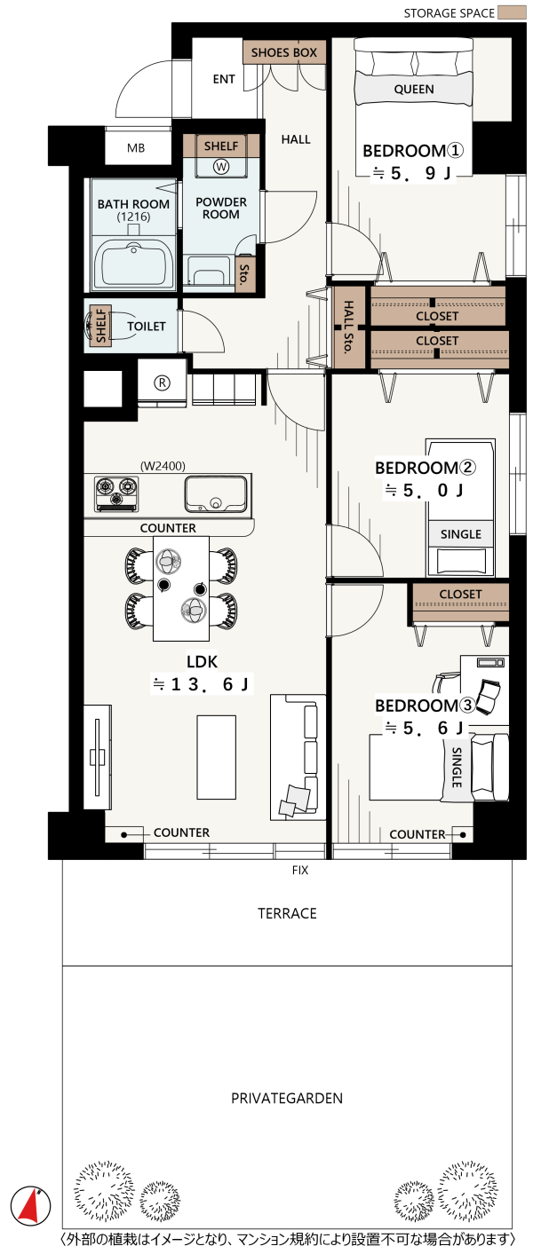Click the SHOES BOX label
tap(284, 52)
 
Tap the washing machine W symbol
tap(221, 166)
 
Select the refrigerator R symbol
tap(162, 383)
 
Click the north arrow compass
tap(30, 1203)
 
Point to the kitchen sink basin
tap(216, 493)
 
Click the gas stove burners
tap(116, 493)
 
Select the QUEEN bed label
tap(414, 89)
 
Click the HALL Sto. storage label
tap(348, 327)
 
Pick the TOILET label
tap(147, 327)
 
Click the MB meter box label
tap(136, 148)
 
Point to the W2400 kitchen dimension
tap(163, 466)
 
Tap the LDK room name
tap(202, 662)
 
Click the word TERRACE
tap(287, 913)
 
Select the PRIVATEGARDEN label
tap(287, 1098)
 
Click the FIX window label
tap(300, 870)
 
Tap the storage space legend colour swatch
tap(513, 12)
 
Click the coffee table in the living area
tap(217, 757)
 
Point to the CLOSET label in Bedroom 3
tap(460, 594)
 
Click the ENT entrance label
tap(224, 80)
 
